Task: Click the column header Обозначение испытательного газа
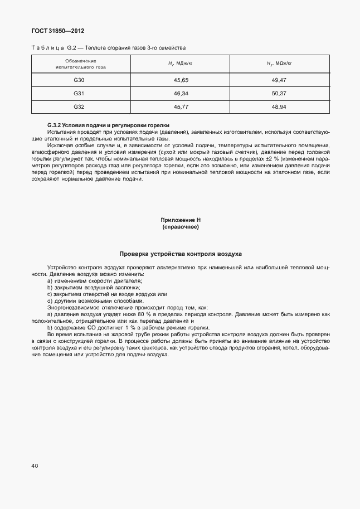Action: point(81,64)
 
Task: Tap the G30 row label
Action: point(79,81)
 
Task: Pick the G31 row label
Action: point(79,93)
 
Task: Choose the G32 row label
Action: point(79,106)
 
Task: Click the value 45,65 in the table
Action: point(181,81)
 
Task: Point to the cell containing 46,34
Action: point(181,93)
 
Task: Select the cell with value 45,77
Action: point(181,106)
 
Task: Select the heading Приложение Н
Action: point(180,221)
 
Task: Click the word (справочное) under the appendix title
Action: point(180,227)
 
